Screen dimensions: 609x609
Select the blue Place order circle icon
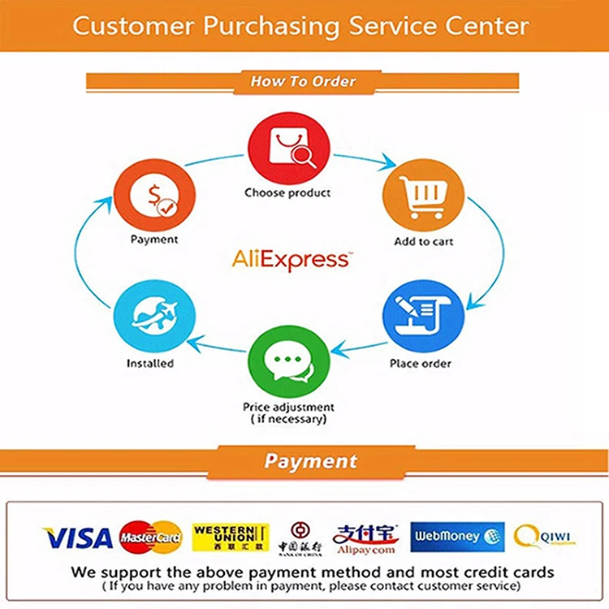422,317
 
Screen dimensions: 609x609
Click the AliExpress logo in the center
292,259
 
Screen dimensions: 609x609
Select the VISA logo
78,538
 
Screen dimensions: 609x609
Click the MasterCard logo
150,538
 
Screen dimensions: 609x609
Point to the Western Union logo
231,537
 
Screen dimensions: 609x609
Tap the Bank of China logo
300,539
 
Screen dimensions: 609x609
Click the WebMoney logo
457,537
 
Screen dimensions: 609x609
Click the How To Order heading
303,81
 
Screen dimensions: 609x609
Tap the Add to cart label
423,241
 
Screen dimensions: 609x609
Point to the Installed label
150,363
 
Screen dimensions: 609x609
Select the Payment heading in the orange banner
310,461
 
